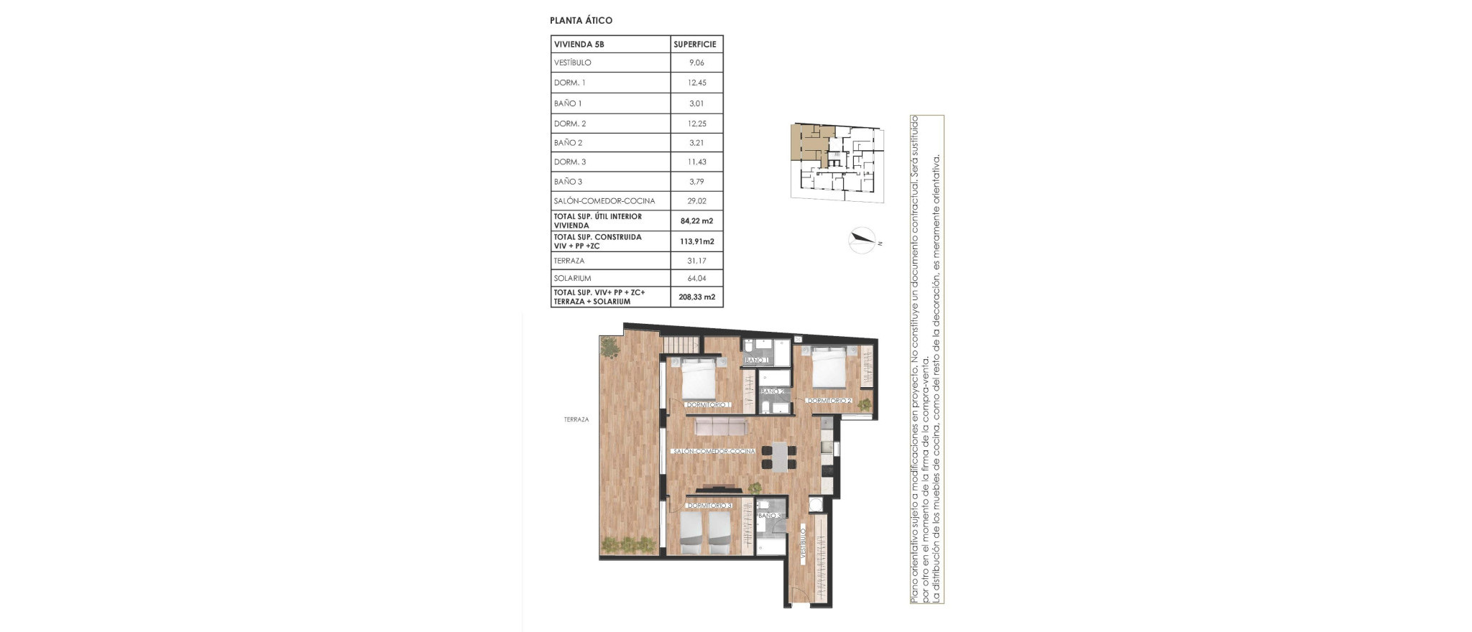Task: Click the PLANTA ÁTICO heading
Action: pos(581,21)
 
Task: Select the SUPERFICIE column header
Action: pos(694,45)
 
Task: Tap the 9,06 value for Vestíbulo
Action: pos(696,63)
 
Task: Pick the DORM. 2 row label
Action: pos(570,124)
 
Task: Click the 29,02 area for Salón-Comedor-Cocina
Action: pos(696,201)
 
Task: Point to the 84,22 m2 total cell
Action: pos(696,221)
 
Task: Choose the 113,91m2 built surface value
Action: pos(696,242)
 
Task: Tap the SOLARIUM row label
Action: pos(572,279)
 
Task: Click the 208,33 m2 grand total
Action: pos(696,297)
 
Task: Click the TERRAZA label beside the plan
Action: pos(576,419)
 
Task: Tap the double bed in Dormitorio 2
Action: pos(829,367)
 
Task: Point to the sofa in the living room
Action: pos(721,427)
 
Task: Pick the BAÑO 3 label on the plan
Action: pos(770,516)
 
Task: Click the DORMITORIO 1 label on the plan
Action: pos(708,405)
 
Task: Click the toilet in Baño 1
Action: pos(749,344)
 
